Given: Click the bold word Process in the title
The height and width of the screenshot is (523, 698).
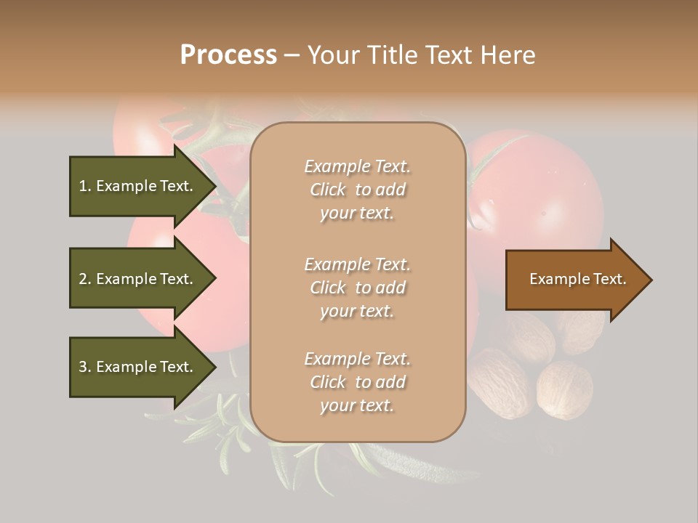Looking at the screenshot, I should (228, 55).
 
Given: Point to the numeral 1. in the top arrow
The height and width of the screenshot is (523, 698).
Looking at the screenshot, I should (85, 186).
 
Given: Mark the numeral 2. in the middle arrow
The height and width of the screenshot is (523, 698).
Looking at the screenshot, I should (85, 279).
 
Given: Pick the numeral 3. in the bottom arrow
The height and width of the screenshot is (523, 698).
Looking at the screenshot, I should (85, 367).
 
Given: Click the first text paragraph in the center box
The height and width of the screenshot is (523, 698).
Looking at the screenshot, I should (357, 190).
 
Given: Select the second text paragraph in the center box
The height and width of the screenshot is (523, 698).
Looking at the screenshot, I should (357, 288).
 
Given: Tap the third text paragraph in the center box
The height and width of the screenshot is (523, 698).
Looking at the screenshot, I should (357, 382).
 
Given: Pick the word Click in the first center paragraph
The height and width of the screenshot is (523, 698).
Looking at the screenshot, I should (328, 190).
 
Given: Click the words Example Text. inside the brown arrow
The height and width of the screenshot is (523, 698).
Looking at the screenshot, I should (577, 279).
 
